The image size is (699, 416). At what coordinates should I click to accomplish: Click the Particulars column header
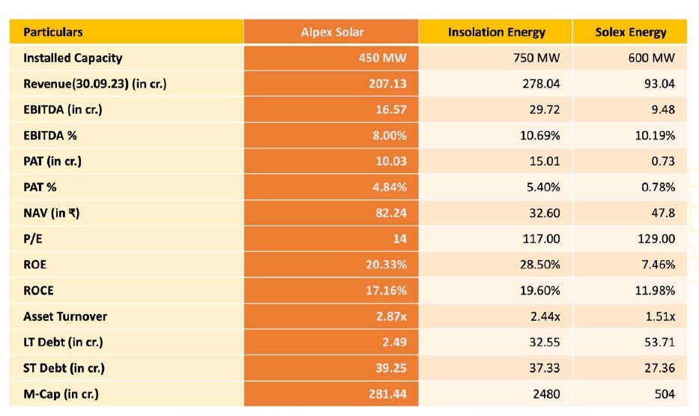53,32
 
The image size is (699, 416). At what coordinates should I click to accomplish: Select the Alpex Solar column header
331,32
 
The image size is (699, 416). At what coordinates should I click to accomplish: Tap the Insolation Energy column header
496,32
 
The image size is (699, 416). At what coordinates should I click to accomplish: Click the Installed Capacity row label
73,58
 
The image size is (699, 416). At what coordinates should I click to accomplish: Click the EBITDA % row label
51,136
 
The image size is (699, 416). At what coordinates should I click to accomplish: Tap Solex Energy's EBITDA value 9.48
662,109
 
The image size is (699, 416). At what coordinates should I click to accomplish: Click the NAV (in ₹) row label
52,213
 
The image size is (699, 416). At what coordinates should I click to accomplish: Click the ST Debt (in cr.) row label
64,368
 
